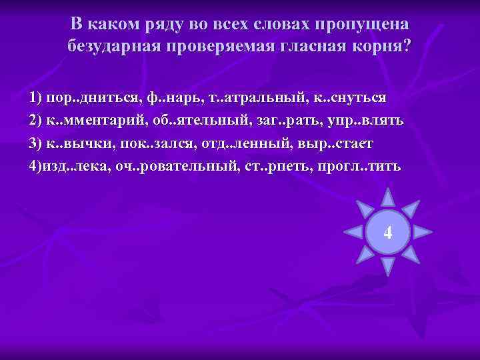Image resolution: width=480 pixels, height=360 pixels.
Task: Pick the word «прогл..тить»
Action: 369,166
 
